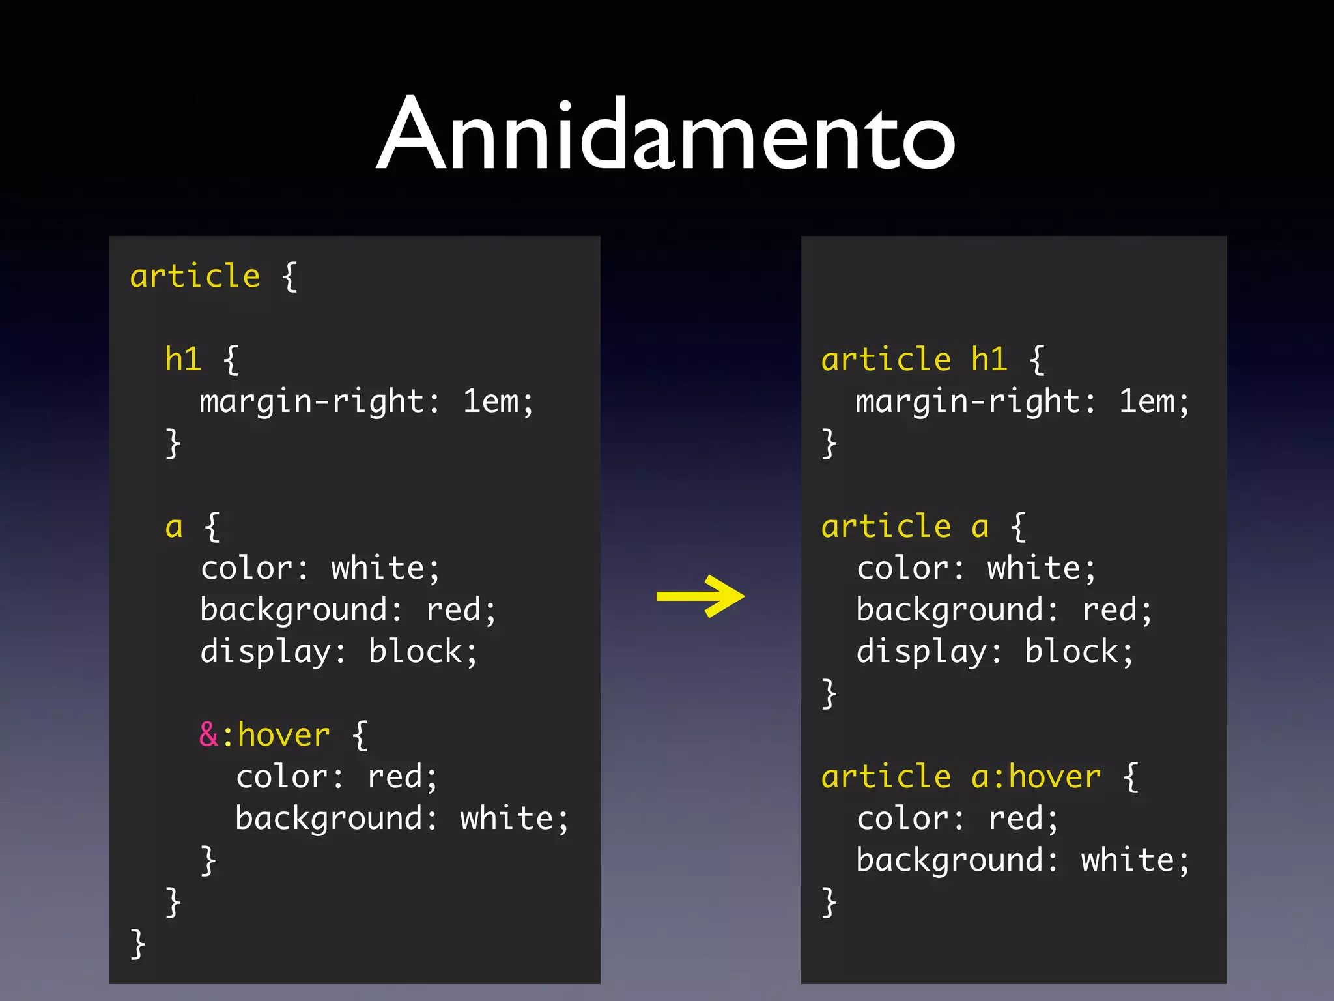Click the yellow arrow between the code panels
(x=700, y=596)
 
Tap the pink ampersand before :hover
(x=208, y=734)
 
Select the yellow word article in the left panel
(x=195, y=276)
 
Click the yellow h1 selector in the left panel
(x=183, y=359)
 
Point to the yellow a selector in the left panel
(x=174, y=527)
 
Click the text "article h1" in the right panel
(x=914, y=359)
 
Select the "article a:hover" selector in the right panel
(x=961, y=776)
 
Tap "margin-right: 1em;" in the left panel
(x=367, y=401)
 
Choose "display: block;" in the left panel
(x=339, y=652)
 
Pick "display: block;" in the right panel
(x=995, y=652)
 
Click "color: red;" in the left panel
(x=336, y=777)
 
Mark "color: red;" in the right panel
(x=958, y=819)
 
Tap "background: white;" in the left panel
(x=402, y=819)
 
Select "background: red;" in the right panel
(x=1004, y=610)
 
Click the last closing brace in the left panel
(x=137, y=944)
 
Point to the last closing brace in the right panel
(x=829, y=903)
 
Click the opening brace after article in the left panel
(x=290, y=276)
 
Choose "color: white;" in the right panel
(x=976, y=568)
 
